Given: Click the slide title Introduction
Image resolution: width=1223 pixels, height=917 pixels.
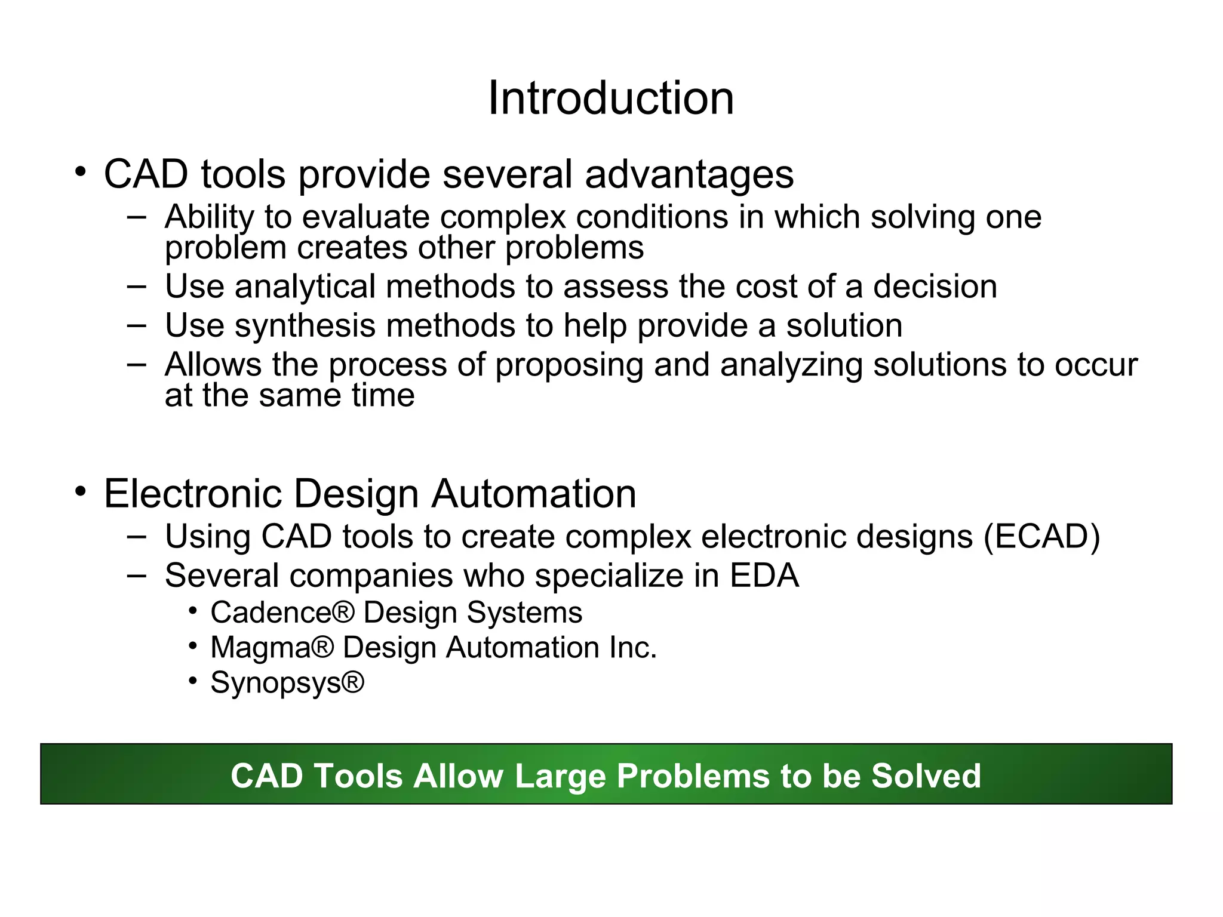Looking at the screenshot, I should point(610,99).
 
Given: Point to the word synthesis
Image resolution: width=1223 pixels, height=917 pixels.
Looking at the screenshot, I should point(305,326).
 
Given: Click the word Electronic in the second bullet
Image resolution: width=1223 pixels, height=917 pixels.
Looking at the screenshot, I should point(192,494).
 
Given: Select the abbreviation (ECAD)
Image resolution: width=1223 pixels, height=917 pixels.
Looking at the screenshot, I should point(1041,537).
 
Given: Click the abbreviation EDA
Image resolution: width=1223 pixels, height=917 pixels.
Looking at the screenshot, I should point(764,576).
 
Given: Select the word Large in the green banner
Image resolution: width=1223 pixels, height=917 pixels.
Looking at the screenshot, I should point(560,776).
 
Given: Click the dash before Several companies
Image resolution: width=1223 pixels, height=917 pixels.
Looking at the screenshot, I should point(136,575).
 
